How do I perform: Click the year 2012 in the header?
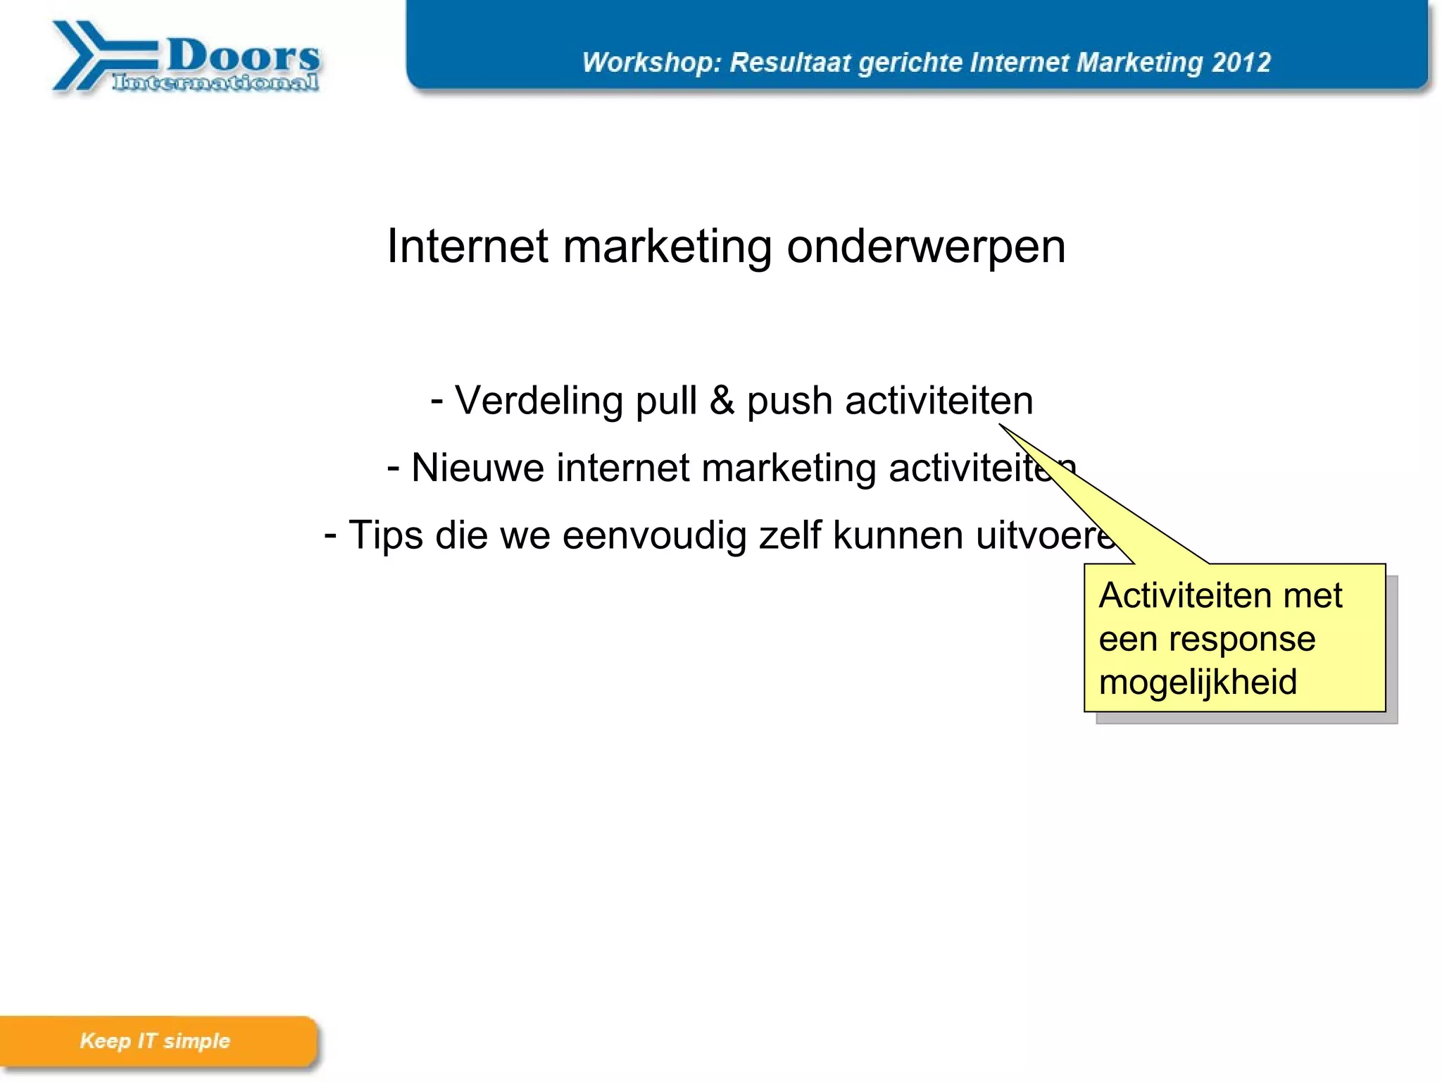pos(1241,62)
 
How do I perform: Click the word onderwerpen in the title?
pos(926,247)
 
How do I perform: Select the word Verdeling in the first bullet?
pos(539,401)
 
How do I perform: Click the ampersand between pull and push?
pos(722,401)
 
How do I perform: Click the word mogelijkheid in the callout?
pos(1198,682)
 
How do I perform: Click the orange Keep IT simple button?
pos(156,1040)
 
